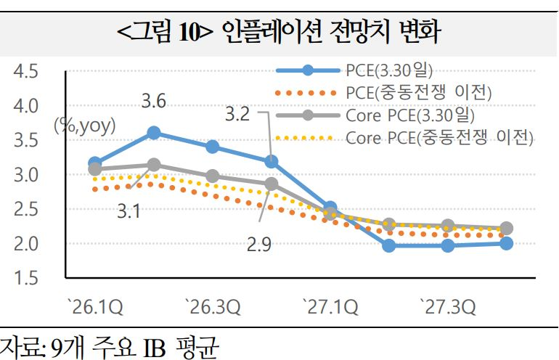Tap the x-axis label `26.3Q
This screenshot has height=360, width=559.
[212, 308]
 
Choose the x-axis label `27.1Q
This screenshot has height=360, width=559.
[330, 308]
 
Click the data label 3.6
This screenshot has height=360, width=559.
[153, 102]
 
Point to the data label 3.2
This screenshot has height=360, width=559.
[237, 114]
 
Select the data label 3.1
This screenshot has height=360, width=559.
[130, 213]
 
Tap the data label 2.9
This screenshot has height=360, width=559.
[258, 245]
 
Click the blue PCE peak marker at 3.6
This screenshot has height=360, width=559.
[153, 132]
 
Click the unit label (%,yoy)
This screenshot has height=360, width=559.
[84, 126]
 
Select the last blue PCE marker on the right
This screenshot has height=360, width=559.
[506, 243]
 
